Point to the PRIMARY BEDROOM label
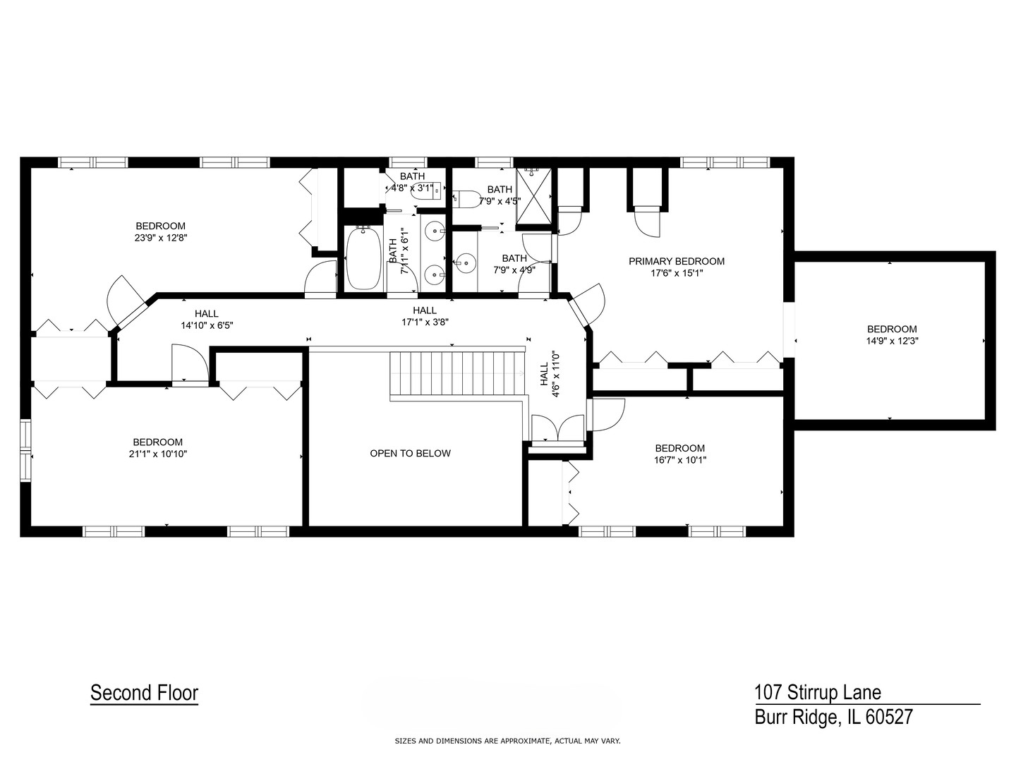pos(676,261)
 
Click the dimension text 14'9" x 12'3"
pos(892,340)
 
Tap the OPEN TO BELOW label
pos(410,454)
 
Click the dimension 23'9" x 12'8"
pos(161,238)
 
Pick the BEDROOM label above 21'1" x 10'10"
pos(157,442)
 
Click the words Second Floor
pos(144,693)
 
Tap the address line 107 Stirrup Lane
pos(817,692)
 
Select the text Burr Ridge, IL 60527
pos(833,718)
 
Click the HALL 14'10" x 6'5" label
pos(206,320)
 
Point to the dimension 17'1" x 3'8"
pos(425,322)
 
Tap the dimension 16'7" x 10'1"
pos(679,460)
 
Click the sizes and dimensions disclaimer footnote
pos(507,741)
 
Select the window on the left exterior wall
pos(25,451)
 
